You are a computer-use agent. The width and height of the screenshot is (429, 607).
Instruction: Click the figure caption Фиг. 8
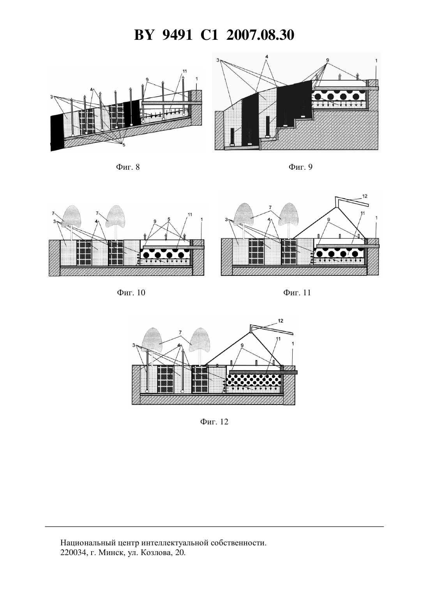click(x=128, y=167)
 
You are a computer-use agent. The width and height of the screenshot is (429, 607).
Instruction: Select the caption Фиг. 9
click(x=300, y=167)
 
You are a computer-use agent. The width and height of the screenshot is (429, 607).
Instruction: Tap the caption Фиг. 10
click(x=131, y=293)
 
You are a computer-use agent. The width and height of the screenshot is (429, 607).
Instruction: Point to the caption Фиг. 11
click(x=297, y=293)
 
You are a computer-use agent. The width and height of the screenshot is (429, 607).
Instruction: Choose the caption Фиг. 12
click(x=214, y=422)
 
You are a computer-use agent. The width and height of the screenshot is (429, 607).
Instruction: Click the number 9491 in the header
click(x=177, y=35)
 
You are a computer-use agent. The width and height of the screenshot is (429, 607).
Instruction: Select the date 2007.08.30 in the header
click(x=260, y=35)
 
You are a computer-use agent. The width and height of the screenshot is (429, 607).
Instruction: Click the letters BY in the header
click(x=144, y=35)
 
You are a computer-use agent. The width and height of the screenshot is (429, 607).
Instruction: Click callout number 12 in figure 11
click(x=365, y=196)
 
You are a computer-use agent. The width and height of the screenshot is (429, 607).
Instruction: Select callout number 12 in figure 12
click(x=281, y=321)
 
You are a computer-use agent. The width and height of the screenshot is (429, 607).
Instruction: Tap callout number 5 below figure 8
click(x=124, y=145)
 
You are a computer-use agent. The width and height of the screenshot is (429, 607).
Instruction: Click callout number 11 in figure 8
click(x=185, y=71)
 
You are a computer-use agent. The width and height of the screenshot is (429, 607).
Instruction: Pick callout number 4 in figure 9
click(x=267, y=57)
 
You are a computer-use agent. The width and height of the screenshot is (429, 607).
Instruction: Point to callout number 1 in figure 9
click(x=376, y=61)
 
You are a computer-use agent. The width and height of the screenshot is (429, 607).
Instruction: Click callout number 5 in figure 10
click(x=168, y=219)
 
